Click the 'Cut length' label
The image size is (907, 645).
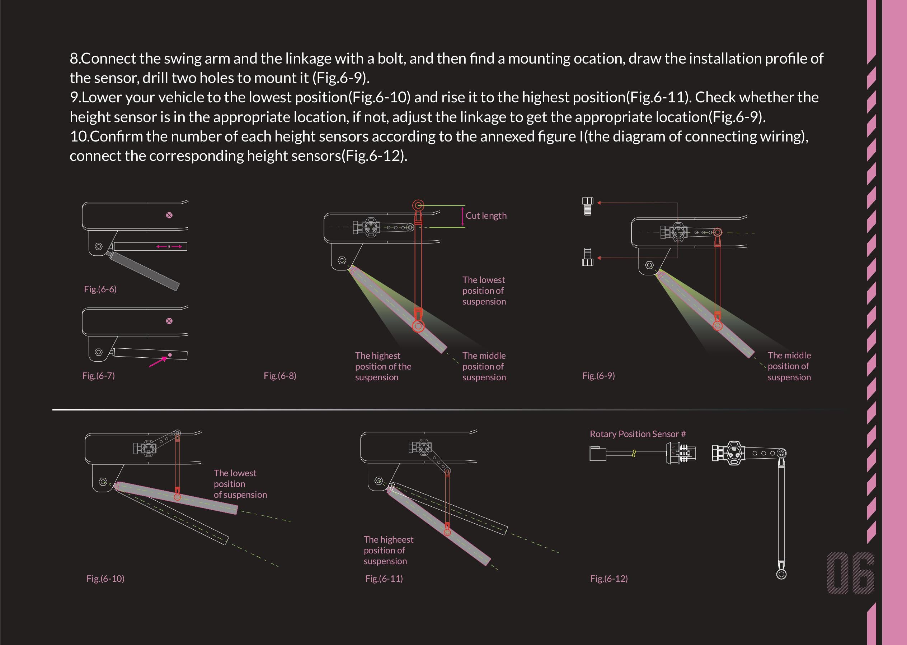486,216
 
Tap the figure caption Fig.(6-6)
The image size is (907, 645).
100,289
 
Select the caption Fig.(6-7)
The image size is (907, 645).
98,376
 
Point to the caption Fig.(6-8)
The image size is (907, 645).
280,376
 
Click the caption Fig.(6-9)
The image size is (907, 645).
599,376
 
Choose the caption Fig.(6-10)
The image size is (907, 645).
105,579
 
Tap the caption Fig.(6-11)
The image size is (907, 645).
384,579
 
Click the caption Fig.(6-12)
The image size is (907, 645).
609,579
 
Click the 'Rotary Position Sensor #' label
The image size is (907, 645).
638,434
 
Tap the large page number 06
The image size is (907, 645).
850,573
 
